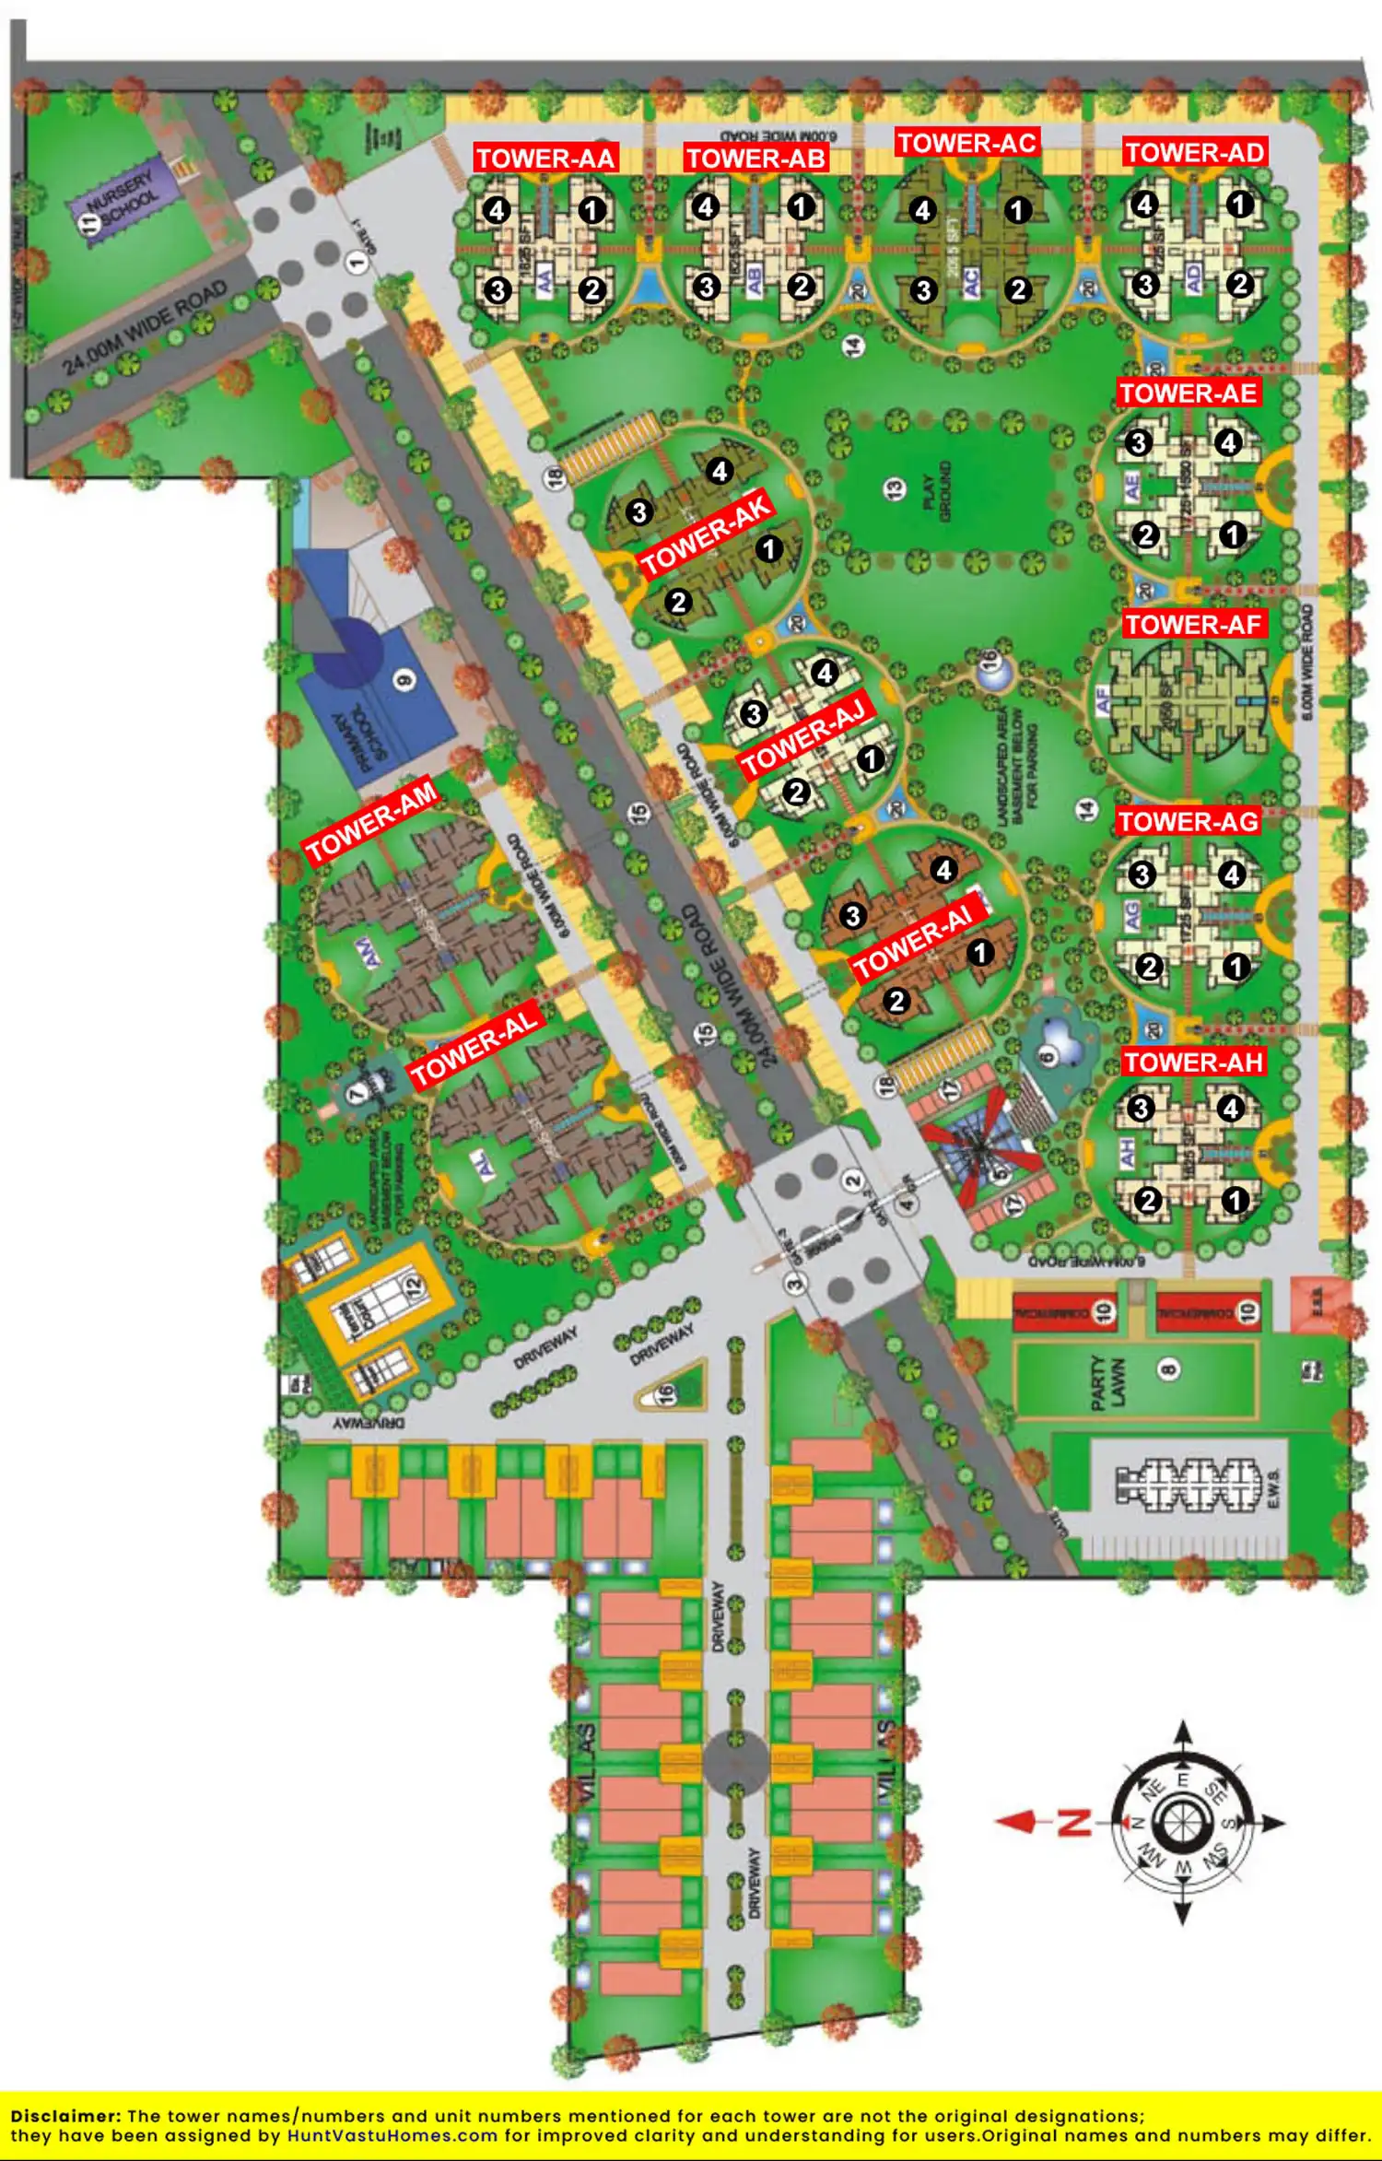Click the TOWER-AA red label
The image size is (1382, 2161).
(x=545, y=159)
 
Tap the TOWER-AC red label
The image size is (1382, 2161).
(x=967, y=143)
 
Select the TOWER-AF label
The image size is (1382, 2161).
(x=1193, y=625)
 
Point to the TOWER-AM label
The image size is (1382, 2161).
(x=371, y=822)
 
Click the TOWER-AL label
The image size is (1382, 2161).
(x=474, y=1048)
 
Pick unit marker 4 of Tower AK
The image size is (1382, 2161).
(x=720, y=472)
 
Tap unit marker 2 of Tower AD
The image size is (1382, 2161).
(x=1240, y=284)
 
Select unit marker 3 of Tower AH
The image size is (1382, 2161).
(x=1141, y=1108)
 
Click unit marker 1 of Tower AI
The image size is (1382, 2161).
(x=980, y=952)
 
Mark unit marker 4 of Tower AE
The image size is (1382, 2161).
(x=1228, y=443)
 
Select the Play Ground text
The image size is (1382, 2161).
(x=936, y=491)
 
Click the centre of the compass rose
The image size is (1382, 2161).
(x=1183, y=1822)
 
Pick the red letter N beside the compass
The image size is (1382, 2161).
(x=1074, y=1822)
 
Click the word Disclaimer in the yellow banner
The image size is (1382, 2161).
(x=64, y=2116)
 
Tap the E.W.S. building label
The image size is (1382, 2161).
(x=1273, y=1488)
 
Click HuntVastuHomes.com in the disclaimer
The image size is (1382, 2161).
(x=393, y=2135)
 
